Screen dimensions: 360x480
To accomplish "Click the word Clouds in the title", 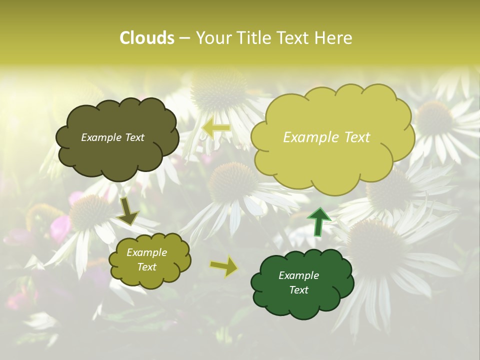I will [147, 38].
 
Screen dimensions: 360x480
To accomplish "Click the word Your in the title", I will [213, 38].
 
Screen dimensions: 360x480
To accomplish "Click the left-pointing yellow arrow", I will [216, 128].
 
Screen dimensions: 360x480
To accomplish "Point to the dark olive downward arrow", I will [128, 211].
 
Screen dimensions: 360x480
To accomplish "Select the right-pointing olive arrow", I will [224, 266].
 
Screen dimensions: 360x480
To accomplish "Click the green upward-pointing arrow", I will [319, 221].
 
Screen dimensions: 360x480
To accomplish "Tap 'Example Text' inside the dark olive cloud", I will [112, 137].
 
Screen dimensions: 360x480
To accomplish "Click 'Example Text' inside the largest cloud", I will [326, 137].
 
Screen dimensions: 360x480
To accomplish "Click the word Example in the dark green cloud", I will [298, 275].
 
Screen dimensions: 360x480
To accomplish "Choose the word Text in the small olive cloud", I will [146, 267].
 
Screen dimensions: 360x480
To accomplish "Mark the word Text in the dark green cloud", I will [298, 290].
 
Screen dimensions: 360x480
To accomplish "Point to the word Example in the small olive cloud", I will [146, 252].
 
